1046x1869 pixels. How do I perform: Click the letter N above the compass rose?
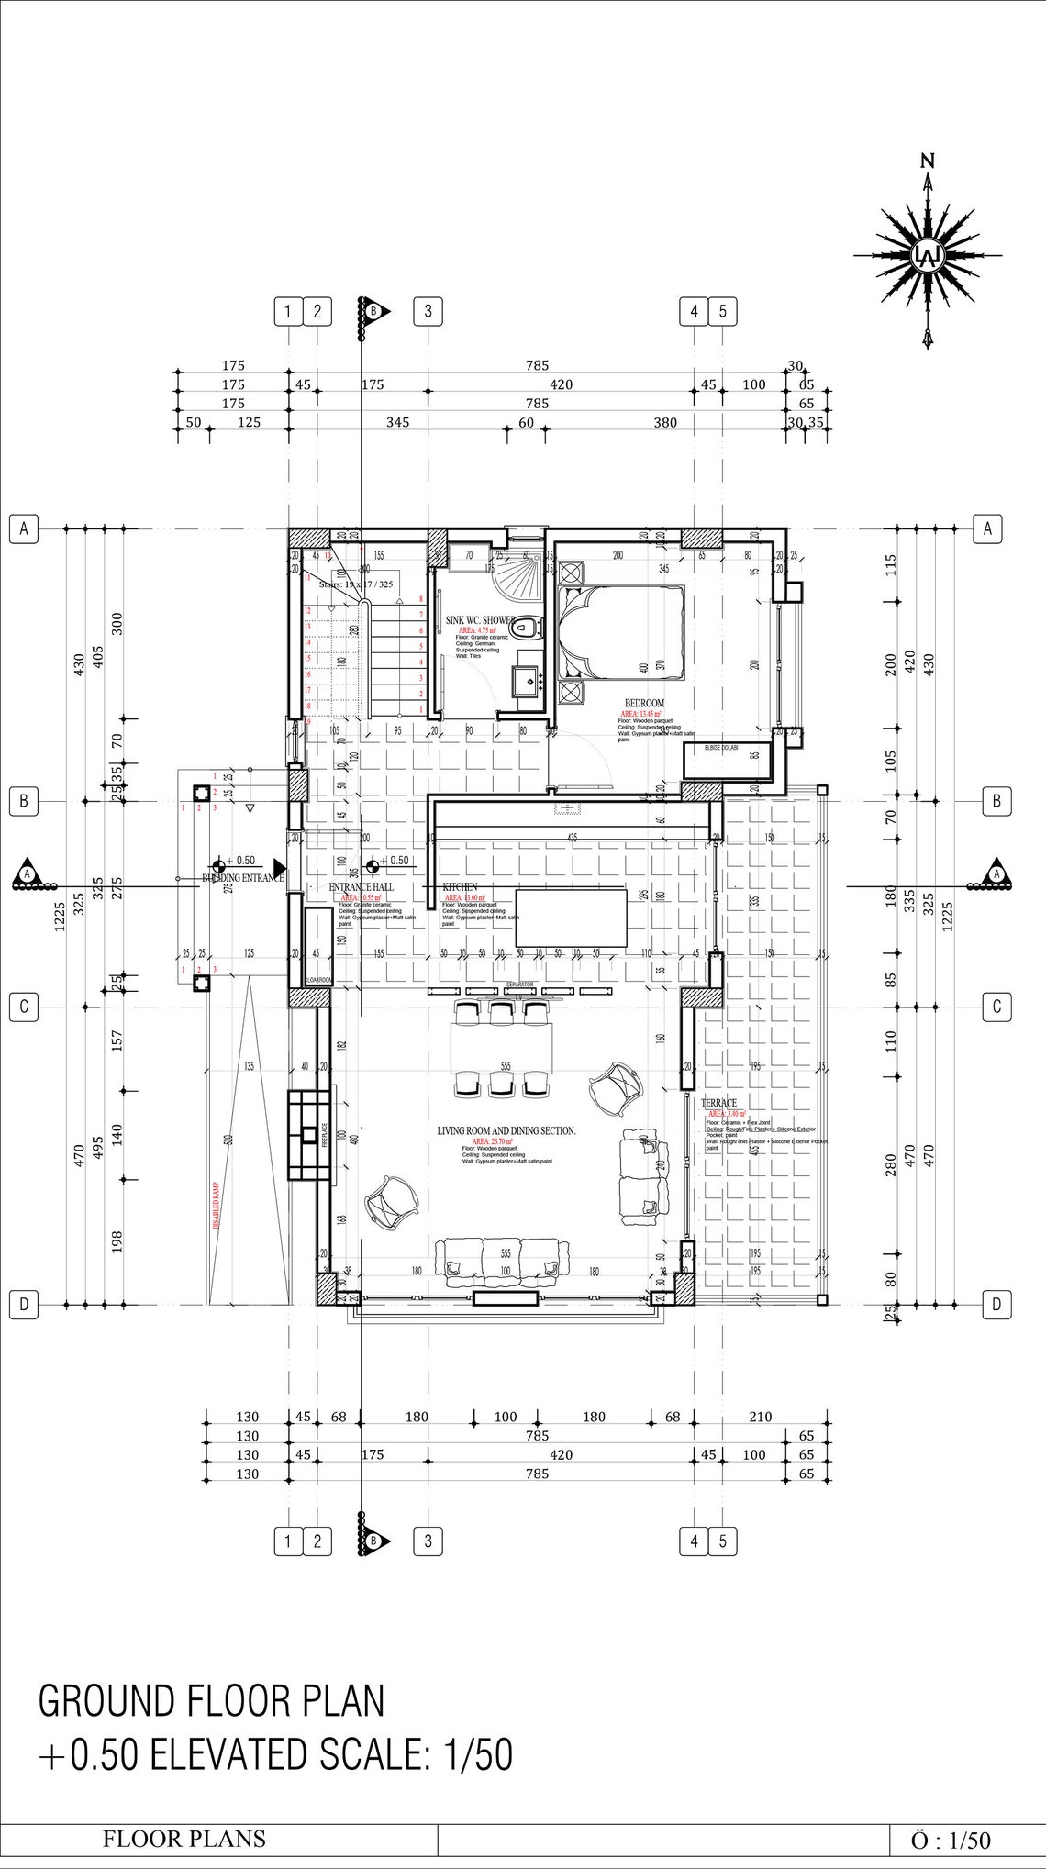(x=928, y=161)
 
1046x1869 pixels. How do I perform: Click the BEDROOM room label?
(x=644, y=704)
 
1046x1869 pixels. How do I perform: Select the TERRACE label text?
(x=718, y=1103)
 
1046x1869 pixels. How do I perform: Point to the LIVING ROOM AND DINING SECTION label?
(x=506, y=1131)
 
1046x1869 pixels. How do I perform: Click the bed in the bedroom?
(x=623, y=635)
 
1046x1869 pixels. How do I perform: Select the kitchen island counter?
(x=571, y=917)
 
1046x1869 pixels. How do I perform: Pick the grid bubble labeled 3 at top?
(x=428, y=311)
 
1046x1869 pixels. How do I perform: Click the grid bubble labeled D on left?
(x=24, y=1304)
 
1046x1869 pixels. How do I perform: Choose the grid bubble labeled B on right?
(x=996, y=800)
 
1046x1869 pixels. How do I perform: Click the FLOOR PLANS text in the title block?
(x=184, y=1839)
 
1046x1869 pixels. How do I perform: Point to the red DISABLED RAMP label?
(x=217, y=1205)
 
